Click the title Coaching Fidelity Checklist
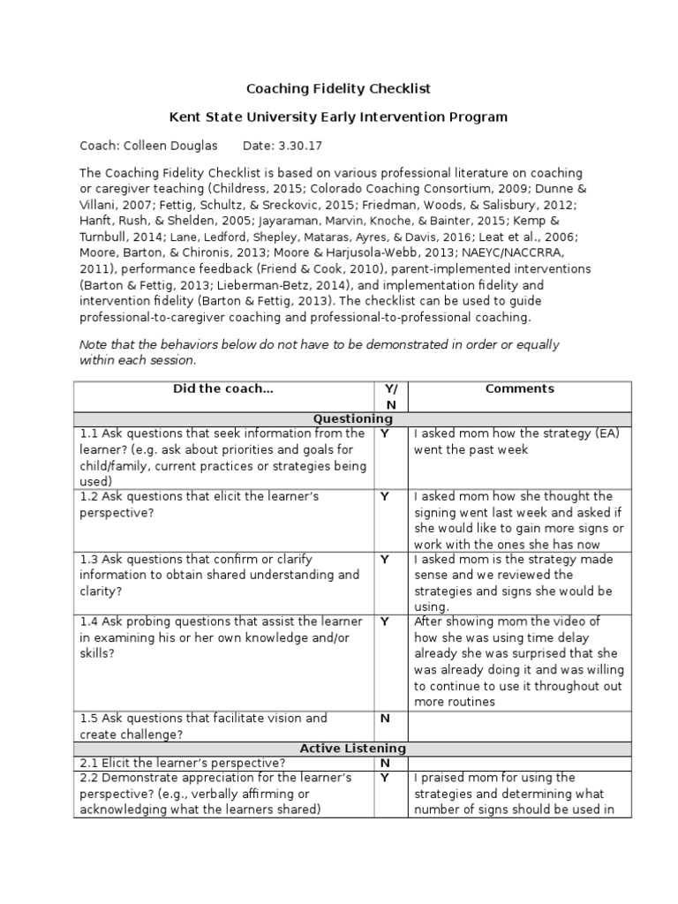pyautogui.click(x=338, y=89)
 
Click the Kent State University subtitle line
pyautogui.click(x=338, y=117)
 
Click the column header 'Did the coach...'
pyautogui.click(x=224, y=388)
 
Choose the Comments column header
pyautogui.click(x=520, y=388)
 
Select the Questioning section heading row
pyautogui.click(x=353, y=418)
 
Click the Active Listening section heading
pyautogui.click(x=353, y=749)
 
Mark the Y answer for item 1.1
pyautogui.click(x=384, y=434)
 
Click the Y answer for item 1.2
pyautogui.click(x=384, y=497)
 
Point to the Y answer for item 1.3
pyautogui.click(x=384, y=560)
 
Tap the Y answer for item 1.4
pyautogui.click(x=384, y=621)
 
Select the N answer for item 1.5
pyautogui.click(x=384, y=719)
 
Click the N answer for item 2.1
pyautogui.click(x=384, y=763)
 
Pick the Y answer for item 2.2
pyautogui.click(x=384, y=778)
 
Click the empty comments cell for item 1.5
pyautogui.click(x=520, y=726)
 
